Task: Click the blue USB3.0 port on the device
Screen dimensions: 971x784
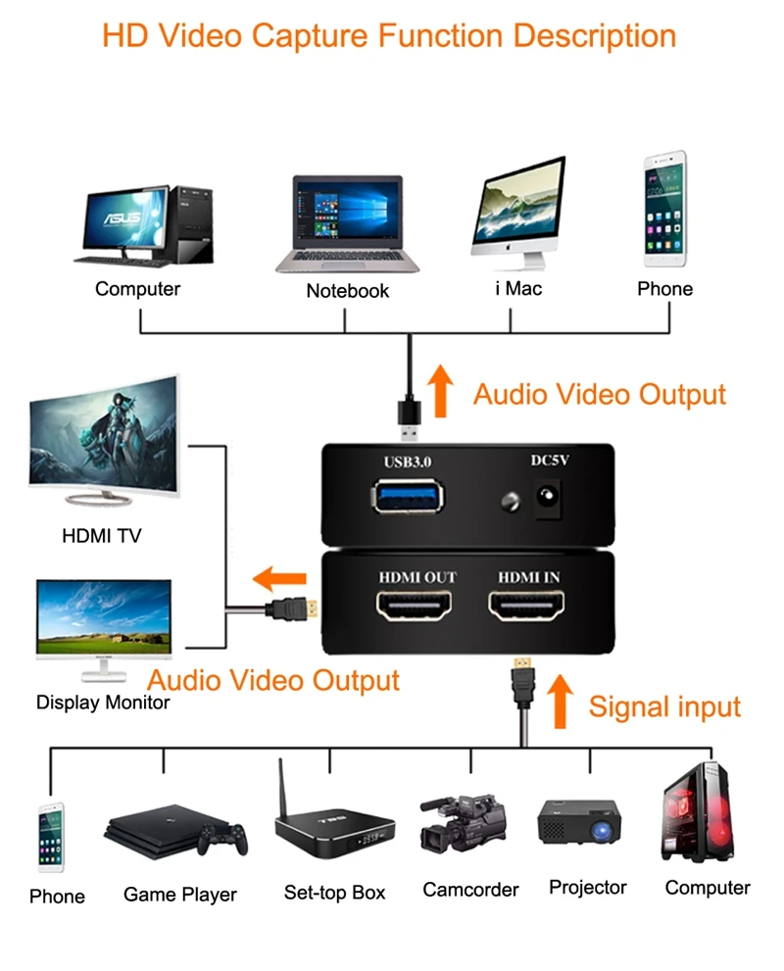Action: [x=407, y=496]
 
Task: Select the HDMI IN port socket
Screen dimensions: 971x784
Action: [x=528, y=609]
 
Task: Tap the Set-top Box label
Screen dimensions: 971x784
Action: [x=334, y=893]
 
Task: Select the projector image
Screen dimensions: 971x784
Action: [x=581, y=821]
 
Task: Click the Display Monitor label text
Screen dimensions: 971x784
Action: [x=103, y=703]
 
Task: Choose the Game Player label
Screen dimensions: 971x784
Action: [x=180, y=895]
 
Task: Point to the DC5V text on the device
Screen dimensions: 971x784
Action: [x=550, y=460]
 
